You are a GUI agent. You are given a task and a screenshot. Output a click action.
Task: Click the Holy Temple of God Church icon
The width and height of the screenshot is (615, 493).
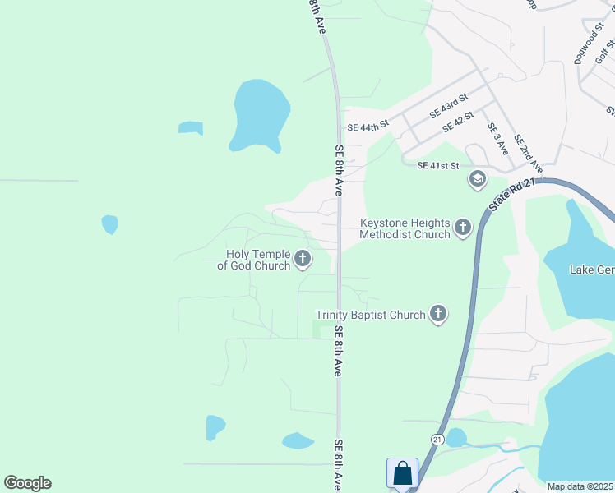coord(303,260)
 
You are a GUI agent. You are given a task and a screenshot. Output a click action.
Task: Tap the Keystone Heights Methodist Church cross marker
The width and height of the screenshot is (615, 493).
coord(463,228)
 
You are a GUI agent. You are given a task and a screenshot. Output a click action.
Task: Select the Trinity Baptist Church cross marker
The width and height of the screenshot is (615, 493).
coord(438,313)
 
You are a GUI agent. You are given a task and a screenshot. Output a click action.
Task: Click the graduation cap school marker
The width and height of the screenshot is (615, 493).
coord(477,179)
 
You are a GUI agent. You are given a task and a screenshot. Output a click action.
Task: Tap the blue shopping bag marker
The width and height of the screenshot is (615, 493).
coord(402,473)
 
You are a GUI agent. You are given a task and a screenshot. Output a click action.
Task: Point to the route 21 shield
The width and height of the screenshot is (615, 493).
coord(437,440)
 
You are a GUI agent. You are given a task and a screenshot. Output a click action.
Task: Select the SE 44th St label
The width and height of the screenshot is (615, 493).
coord(367,127)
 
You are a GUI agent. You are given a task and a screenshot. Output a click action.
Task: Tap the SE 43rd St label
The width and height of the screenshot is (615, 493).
coord(447,105)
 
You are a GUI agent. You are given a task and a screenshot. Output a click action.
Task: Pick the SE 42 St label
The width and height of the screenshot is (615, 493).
coord(458,122)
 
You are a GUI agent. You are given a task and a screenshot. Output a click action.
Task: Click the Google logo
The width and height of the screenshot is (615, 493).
coord(27,483)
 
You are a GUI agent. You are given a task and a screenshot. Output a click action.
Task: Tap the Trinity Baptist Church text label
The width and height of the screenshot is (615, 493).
coord(371,315)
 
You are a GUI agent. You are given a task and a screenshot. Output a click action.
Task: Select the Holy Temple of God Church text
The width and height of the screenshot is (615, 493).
coord(253,260)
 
